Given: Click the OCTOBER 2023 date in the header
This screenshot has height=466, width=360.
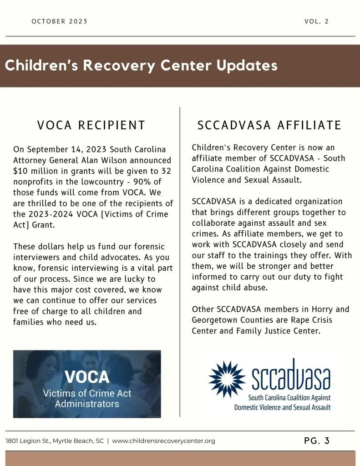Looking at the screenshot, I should click(60, 21).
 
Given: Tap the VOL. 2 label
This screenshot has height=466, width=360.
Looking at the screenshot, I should click(316, 21).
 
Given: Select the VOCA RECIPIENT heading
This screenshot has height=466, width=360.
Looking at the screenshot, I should click(91, 125).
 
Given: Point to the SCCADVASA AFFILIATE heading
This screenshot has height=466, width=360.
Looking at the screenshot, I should click(269, 125).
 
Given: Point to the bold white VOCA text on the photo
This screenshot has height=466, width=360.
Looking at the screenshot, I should click(87, 377).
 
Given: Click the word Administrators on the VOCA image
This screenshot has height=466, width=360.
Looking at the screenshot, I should click(87, 404).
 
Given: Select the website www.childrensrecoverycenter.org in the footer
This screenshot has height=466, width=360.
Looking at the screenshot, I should click(163, 441).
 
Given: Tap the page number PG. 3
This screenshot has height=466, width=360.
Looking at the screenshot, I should click(316, 441).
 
